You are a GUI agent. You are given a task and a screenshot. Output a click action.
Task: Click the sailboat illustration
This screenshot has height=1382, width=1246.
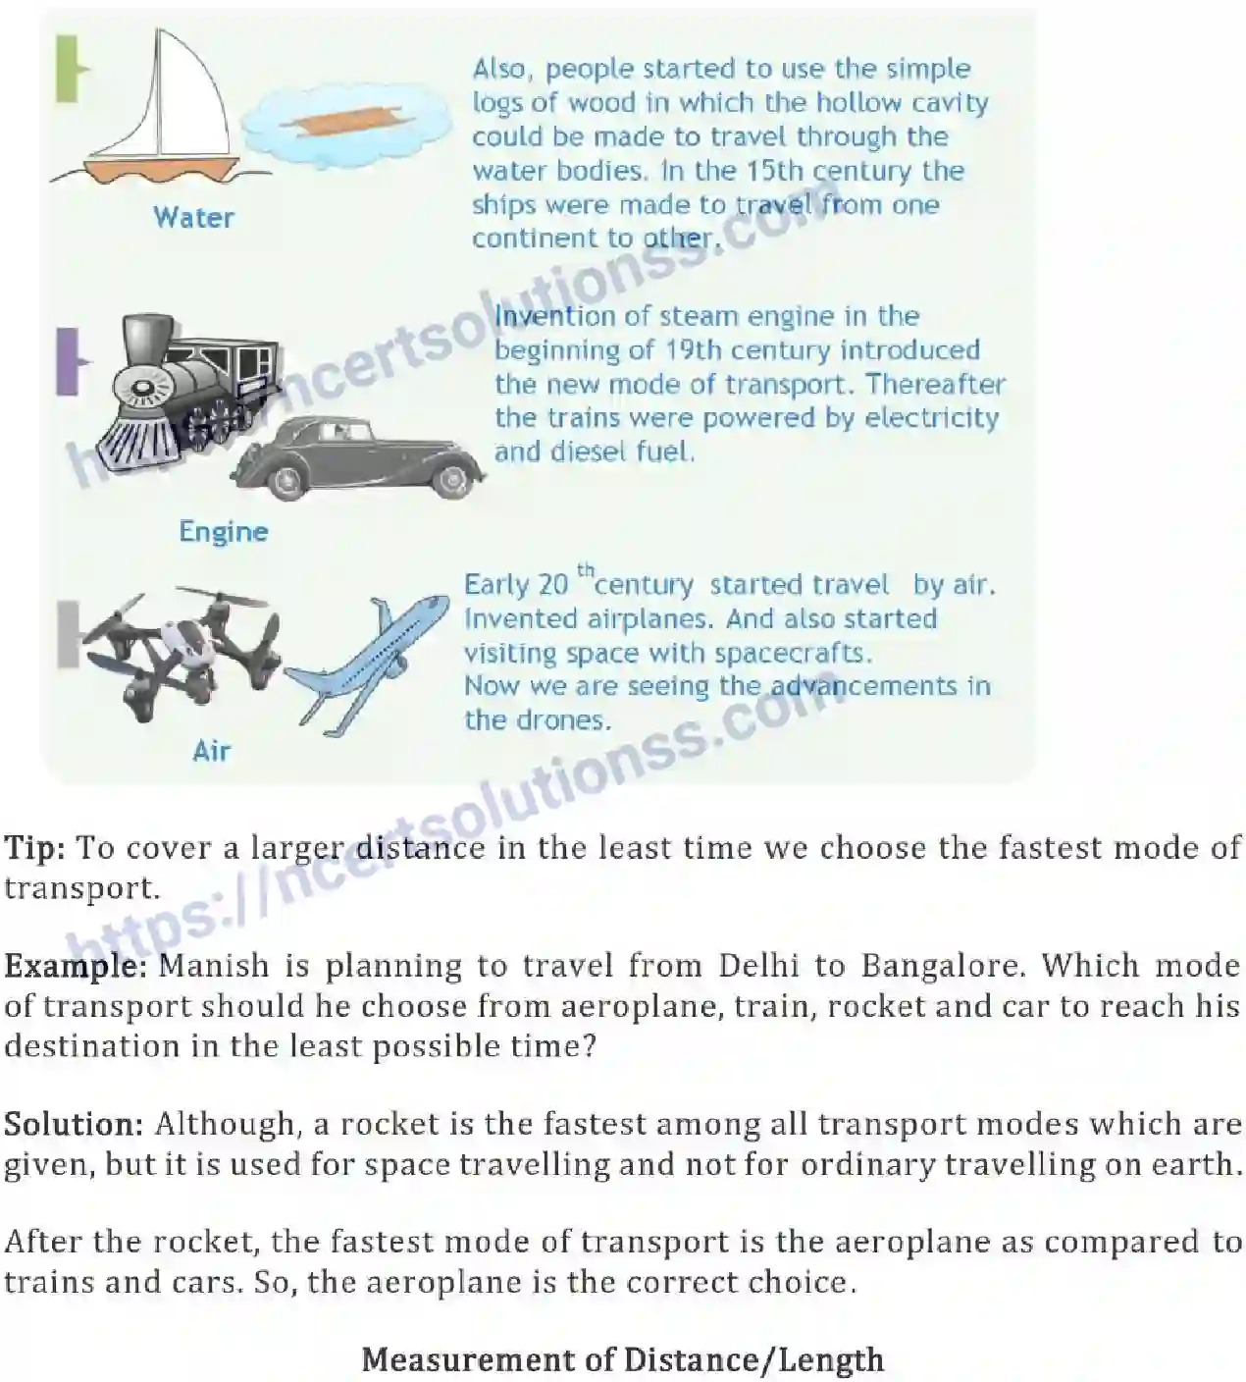pyautogui.click(x=162, y=108)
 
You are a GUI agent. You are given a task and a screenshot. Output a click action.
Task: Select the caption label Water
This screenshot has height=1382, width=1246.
pyautogui.click(x=193, y=217)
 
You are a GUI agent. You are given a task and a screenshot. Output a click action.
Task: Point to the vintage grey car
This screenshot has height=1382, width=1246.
pyautogui.click(x=358, y=456)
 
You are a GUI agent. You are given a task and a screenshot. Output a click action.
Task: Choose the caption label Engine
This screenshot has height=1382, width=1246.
pyautogui.click(x=223, y=531)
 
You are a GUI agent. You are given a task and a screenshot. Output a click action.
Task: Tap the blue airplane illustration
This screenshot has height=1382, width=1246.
pyautogui.click(x=363, y=663)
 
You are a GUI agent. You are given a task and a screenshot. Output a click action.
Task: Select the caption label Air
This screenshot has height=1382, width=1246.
pyautogui.click(x=211, y=751)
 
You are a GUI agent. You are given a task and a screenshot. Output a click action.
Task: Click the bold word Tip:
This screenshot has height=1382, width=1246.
pyautogui.click(x=34, y=848)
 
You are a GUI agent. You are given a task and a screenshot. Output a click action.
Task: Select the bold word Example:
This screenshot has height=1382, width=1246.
pyautogui.click(x=75, y=966)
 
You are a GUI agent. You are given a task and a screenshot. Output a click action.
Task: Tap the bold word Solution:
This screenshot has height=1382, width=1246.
pyautogui.click(x=75, y=1124)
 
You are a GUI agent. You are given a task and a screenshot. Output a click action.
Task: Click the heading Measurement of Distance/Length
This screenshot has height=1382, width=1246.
pyautogui.click(x=623, y=1359)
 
